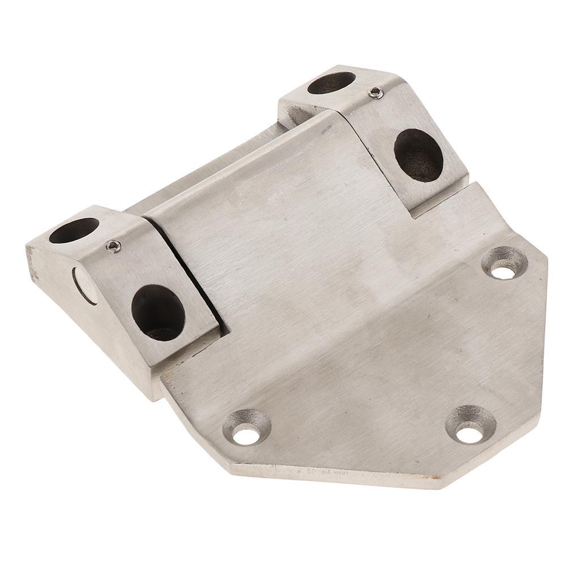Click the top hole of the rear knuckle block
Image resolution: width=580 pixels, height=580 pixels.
click(331, 83)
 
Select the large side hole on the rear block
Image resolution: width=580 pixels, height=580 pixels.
click(418, 155)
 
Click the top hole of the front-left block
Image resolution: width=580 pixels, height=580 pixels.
click(74, 230)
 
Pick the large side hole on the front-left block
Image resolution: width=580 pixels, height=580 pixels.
click(158, 313)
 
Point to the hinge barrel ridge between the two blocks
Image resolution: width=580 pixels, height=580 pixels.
click(215, 164)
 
